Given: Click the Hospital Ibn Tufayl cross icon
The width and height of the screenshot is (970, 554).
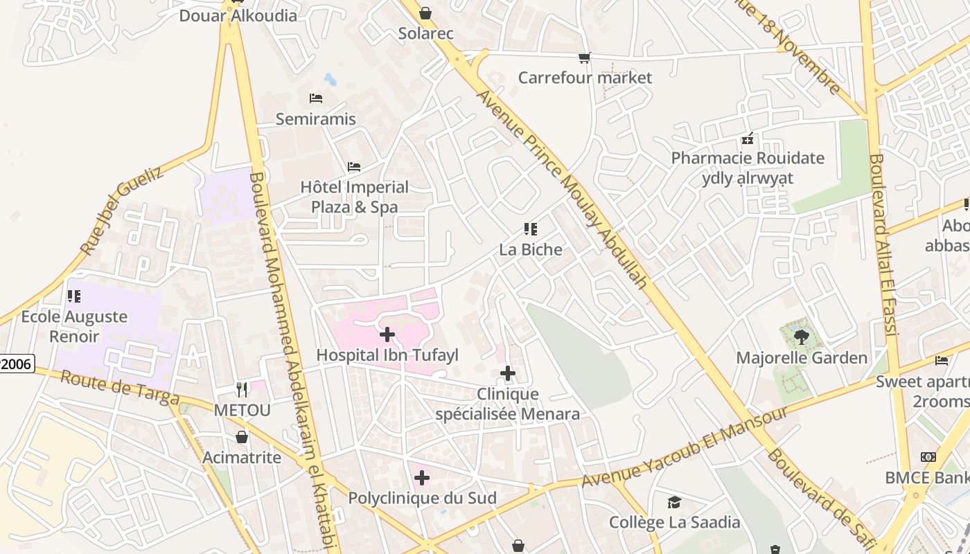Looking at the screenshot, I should pos(387,335).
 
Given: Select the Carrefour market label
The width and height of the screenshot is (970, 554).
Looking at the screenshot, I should pos(585,78).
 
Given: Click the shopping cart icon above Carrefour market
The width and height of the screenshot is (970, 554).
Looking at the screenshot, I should pos(585,58).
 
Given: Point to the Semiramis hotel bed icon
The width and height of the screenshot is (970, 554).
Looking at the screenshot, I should pos(316,98).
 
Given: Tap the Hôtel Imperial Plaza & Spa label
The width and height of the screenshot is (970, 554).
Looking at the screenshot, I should pos(354,197).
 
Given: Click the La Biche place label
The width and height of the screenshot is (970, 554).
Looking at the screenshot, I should pos(531,249).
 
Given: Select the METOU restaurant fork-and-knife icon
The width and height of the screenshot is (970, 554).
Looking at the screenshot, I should pos(242,390).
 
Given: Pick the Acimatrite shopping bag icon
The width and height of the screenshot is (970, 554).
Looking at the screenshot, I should pos(242,437).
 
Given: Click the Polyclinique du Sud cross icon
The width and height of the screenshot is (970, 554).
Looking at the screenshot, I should pos(422,478).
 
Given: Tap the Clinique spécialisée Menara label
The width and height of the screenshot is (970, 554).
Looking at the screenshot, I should pos(507,404).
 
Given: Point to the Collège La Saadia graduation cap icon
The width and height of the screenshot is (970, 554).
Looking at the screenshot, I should pos(674,502).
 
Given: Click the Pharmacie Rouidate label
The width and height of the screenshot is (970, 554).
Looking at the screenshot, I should pos(748,159).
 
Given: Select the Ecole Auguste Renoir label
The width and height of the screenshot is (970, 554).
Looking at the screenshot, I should pos(74,327).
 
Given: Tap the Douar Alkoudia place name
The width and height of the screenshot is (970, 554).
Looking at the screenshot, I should pos(238,15).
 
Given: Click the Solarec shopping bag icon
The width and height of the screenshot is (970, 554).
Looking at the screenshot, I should pos(425,13).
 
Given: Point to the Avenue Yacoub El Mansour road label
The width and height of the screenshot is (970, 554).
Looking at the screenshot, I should pos(684,447).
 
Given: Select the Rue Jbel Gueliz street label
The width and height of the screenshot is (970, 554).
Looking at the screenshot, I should pos(122,211).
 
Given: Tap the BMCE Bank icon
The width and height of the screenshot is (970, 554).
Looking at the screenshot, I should pos(928,457).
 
